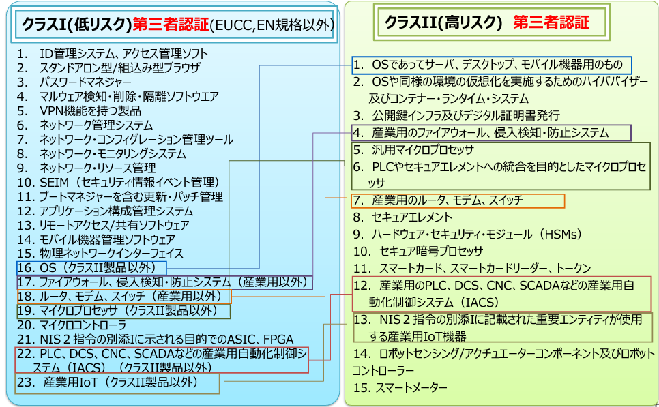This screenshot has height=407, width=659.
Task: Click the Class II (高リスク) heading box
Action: tap(490, 22)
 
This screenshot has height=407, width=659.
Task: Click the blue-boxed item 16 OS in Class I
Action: tap(92, 267)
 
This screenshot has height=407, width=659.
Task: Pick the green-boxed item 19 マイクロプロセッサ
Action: tap(123, 311)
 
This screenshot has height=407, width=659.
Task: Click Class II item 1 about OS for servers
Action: tap(491, 65)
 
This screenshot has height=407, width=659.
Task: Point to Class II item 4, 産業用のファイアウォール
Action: tap(491, 133)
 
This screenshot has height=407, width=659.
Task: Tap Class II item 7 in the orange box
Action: tap(458, 200)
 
